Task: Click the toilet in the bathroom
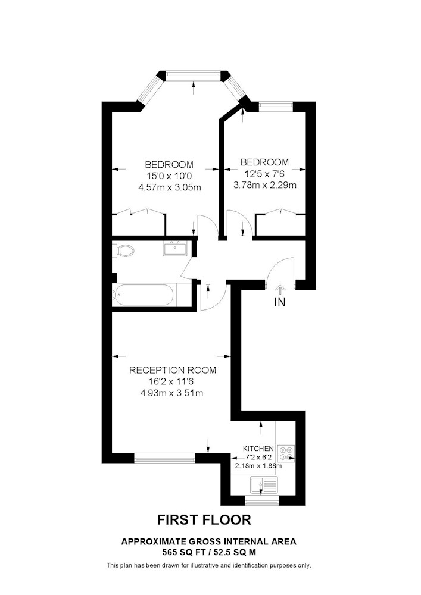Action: (x=123, y=250)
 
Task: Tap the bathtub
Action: (x=144, y=295)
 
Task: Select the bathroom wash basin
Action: (x=174, y=249)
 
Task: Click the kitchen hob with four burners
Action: (x=286, y=453)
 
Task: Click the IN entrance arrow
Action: (x=280, y=289)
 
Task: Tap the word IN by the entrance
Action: (x=280, y=302)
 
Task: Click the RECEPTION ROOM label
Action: (x=173, y=370)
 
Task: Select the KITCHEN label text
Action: (x=258, y=449)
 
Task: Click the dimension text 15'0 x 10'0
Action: (x=170, y=176)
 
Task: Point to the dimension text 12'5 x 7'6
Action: (x=264, y=174)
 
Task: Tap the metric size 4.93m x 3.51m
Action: (x=171, y=393)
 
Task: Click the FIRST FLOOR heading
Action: (x=204, y=519)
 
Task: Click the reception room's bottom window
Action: (x=165, y=458)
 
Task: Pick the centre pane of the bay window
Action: (x=193, y=75)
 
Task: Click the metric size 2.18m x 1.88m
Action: (x=258, y=466)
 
